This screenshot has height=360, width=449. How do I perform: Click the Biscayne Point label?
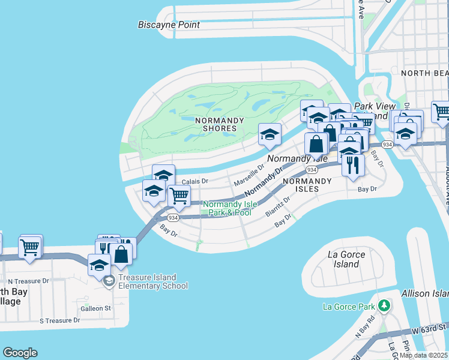(x=169, y=25)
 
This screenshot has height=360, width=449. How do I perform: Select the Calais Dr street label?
(x=195, y=181)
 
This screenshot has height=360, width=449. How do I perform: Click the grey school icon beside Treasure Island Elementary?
(x=109, y=281)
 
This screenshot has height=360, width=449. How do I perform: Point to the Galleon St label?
(x=96, y=308)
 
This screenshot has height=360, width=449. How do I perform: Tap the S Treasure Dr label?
(x=59, y=320)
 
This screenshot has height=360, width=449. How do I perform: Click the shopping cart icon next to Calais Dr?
(x=179, y=195)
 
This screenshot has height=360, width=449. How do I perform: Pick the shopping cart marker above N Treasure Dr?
(x=30, y=247)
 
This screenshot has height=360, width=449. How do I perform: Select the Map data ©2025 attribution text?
(x=424, y=355)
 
